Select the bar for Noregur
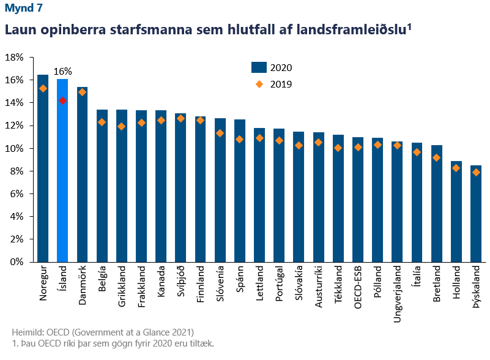tap(43, 168)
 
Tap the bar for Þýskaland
tap(475, 214)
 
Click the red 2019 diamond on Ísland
tap(62, 100)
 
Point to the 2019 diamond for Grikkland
tap(122, 127)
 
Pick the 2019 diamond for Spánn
tap(239, 139)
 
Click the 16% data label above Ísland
tap(63, 71)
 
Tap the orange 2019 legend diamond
tap(259, 84)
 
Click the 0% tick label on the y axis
tap(17, 261)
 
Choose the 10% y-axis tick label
tap(14, 148)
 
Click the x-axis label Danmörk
tap(83, 283)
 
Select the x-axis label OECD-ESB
tap(358, 285)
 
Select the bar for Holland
tap(456, 211)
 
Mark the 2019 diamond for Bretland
tap(436, 158)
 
